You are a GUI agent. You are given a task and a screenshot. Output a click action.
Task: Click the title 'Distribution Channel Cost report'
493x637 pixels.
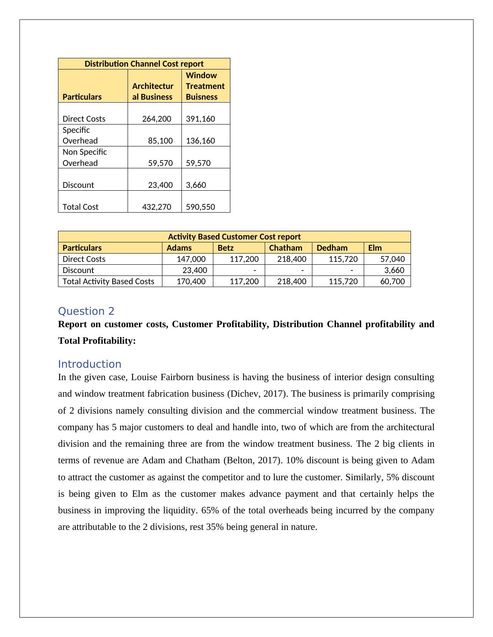tap(144, 64)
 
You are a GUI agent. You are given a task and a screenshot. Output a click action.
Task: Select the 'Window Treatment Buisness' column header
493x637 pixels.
tap(205, 86)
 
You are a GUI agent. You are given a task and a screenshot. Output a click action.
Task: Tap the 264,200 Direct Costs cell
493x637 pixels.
tap(157, 119)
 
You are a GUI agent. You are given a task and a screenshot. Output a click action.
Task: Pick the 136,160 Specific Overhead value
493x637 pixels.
tap(201, 141)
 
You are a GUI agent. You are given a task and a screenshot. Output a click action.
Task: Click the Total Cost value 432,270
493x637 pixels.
tap(157, 207)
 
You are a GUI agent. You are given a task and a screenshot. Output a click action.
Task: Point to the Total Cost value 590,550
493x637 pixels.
tap(201, 207)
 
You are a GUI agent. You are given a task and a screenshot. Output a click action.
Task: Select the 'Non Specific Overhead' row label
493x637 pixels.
tap(85, 158)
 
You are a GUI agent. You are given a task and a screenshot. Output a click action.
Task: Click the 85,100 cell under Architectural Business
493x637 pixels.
tap(160, 141)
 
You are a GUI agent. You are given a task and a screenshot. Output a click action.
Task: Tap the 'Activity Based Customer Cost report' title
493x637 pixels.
tap(234, 237)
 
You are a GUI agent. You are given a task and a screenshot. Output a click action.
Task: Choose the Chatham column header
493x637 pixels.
tap(285, 248)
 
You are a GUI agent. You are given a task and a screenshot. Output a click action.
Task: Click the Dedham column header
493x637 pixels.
tap(332, 248)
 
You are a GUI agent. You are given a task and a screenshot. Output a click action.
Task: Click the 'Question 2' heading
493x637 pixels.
tap(86, 311)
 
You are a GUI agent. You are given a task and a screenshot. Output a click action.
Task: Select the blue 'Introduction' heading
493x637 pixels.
tap(89, 364)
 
